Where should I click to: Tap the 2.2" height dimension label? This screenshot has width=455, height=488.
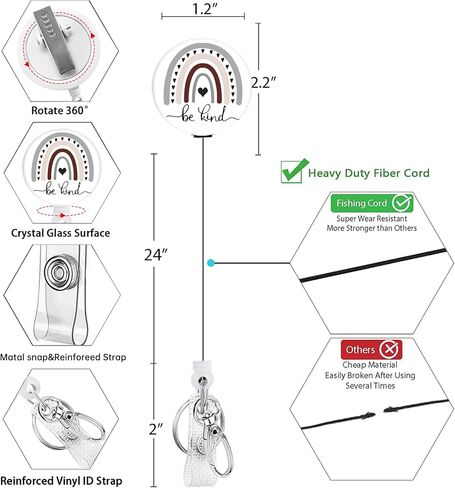[263, 83]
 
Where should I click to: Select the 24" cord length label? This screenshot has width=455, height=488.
[155, 255]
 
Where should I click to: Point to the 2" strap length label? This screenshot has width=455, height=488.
[156, 429]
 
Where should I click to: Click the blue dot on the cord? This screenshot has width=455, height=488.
[210, 263]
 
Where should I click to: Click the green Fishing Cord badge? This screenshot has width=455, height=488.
[372, 203]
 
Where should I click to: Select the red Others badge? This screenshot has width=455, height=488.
[371, 349]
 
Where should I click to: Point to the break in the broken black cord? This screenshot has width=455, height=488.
[379, 412]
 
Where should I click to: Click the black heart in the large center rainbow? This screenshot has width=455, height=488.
[202, 91]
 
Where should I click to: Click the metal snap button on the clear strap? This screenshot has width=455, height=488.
[61, 273]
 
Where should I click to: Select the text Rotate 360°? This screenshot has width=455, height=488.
[60, 110]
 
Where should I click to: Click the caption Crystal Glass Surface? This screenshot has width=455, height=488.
[60, 233]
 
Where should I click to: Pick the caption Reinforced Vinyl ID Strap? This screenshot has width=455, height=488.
[61, 481]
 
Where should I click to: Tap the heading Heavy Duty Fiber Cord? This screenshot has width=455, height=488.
[369, 173]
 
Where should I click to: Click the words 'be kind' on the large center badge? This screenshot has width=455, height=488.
[203, 114]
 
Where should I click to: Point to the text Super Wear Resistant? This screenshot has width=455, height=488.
[372, 219]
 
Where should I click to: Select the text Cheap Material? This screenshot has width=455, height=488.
[370, 365]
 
